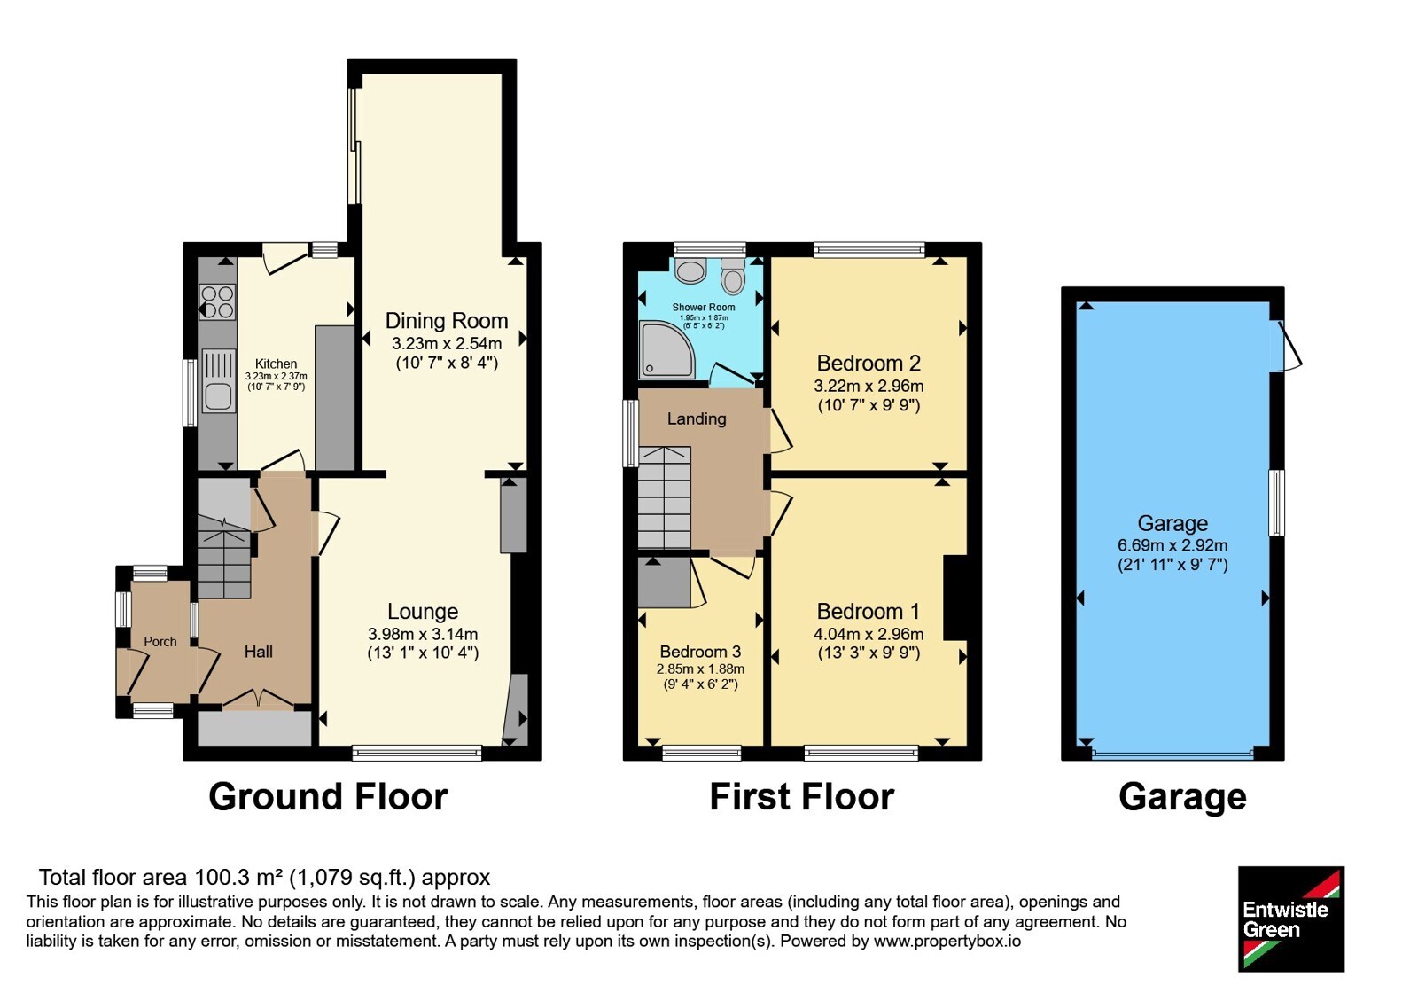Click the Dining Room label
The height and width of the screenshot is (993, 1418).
point(447,321)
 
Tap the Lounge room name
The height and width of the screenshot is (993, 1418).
point(423,611)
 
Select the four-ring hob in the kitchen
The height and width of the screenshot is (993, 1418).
point(216,301)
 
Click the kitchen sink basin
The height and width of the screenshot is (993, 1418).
point(218,396)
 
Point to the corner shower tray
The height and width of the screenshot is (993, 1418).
point(666,349)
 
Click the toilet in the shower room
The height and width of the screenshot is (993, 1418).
point(733,276)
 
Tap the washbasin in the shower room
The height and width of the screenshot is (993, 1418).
point(690,270)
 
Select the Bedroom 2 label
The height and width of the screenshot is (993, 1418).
point(869,363)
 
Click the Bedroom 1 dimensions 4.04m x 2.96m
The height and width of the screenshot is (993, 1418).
point(869,634)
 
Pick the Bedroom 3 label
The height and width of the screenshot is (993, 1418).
point(700,652)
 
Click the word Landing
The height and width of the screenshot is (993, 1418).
point(697,418)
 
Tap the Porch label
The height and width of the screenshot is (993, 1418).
point(160,642)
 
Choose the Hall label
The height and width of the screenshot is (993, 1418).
point(258,652)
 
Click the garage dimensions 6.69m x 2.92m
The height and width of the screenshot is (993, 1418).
point(1173,545)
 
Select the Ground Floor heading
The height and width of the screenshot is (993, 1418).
point(328,797)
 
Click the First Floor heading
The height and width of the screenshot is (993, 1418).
point(801,797)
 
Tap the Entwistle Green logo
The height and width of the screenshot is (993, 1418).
point(1290,919)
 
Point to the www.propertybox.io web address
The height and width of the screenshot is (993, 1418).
point(947,941)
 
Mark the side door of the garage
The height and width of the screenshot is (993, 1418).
point(1285,346)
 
